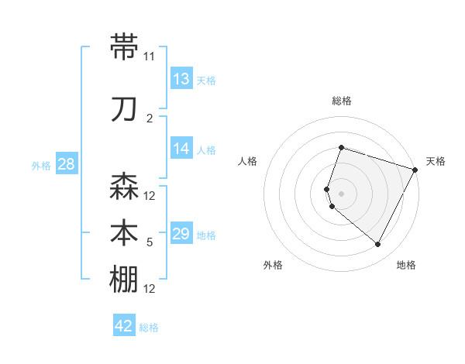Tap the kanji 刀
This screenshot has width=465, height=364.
click(x=125, y=108)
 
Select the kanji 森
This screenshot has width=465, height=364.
click(x=125, y=187)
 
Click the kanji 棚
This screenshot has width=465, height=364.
click(x=125, y=280)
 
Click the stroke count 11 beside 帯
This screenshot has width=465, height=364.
click(x=150, y=57)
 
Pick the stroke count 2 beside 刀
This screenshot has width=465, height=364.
click(x=150, y=118)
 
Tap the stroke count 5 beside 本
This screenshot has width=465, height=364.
click(x=150, y=242)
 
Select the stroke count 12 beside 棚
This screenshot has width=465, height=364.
click(x=150, y=289)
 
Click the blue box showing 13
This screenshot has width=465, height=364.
click(x=181, y=79)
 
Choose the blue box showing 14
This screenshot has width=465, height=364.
click(x=181, y=149)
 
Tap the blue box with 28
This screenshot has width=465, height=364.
click(x=66, y=164)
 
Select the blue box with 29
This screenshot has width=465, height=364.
click(x=181, y=234)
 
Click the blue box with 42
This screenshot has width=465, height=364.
click(x=124, y=326)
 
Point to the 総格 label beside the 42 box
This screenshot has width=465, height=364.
click(x=149, y=328)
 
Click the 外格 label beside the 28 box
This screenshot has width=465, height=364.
click(x=40, y=165)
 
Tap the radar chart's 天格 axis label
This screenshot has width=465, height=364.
click(x=436, y=161)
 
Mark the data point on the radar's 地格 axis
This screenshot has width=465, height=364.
click(x=377, y=245)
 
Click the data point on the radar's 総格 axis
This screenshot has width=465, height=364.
click(x=341, y=148)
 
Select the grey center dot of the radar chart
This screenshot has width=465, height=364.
click(x=341, y=194)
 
